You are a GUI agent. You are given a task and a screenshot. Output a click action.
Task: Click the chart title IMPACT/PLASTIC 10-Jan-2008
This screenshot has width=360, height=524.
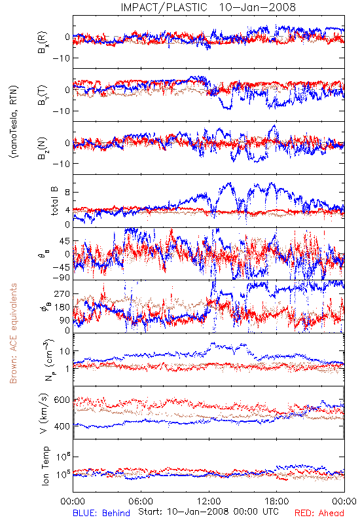pos(208,7)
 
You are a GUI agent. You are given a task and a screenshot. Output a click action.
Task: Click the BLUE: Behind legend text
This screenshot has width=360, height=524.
pos(101,513)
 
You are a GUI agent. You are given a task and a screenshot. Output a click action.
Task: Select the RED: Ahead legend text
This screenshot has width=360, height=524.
pos(319,513)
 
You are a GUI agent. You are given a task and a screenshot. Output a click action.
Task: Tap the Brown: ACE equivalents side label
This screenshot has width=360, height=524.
pos(13,333)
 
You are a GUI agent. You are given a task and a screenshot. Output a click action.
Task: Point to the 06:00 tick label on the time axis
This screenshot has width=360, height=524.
pos(141,501)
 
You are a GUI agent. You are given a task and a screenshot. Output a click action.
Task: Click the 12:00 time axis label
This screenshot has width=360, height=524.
pos(209,501)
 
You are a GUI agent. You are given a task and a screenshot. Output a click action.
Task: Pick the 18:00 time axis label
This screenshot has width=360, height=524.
pos(277,501)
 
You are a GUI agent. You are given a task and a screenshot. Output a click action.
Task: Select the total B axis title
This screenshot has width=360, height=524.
pos(54,201)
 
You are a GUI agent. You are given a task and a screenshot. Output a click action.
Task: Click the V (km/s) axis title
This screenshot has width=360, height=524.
pos(44,413)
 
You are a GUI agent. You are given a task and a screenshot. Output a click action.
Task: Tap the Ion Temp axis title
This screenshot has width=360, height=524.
pos(45,466)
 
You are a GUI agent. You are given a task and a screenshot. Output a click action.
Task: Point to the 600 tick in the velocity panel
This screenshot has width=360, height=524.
pos(62,400)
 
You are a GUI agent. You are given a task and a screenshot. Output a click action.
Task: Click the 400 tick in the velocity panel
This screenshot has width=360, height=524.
pos(62,426)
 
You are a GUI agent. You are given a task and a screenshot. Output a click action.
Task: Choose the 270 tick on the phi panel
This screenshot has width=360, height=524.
pos(62,293)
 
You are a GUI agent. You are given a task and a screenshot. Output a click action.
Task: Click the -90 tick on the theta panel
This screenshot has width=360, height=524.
pos(61,277)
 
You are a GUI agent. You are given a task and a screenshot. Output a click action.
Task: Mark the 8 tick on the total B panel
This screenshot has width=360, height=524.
pos(67,192)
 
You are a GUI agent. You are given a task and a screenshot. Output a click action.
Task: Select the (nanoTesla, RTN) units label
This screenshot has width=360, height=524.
pos(14,121)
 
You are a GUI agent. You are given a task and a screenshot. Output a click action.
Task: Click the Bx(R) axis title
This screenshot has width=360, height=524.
pos(43,43)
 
